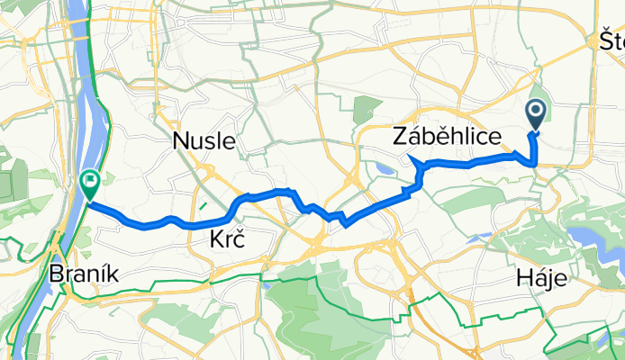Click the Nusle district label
pos(204,140)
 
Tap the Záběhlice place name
pos(446,137)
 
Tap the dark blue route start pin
pos(535,114)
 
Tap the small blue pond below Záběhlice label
pos(388,168)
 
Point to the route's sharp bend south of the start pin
pos(536,163)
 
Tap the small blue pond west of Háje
pos(478,238)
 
